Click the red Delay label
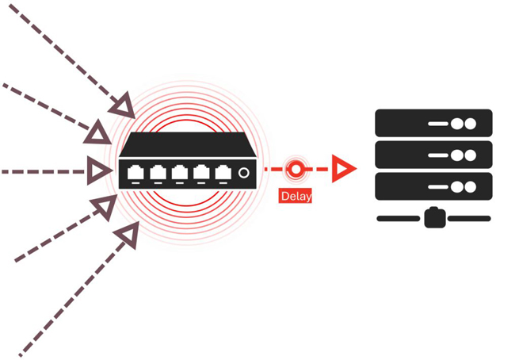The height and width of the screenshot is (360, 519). click(295, 195)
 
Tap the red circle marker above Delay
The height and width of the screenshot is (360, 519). click(296, 169)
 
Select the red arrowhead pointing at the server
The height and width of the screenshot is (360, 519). click(343, 169)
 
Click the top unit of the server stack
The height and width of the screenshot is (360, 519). click(433, 124)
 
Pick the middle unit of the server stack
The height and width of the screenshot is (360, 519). click(433, 155)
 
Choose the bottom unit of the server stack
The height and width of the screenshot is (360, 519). click(433, 186)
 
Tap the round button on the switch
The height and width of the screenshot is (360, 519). click(244, 172)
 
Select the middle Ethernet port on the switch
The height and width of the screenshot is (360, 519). click(180, 172)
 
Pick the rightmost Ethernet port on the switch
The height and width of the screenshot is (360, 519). click(223, 172)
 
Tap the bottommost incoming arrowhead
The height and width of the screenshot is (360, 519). click(127, 235)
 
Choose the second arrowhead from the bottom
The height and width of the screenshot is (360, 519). click(103, 209)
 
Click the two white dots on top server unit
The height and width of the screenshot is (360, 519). click(464, 124)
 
